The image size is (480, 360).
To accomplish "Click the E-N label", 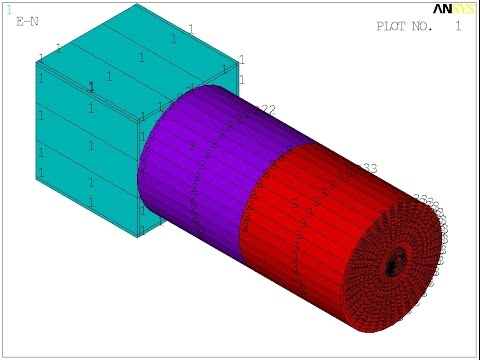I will tap(27, 20).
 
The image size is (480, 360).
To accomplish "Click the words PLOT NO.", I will tap(404, 27).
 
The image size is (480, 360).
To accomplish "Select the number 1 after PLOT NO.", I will tap(458, 27).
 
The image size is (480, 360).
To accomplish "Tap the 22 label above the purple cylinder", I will tap(267, 109).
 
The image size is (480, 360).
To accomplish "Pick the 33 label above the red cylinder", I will tap(368, 167).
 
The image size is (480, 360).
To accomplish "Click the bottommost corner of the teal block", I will tap(138, 238).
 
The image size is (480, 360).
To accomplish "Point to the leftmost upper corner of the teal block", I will tap(37, 61).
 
